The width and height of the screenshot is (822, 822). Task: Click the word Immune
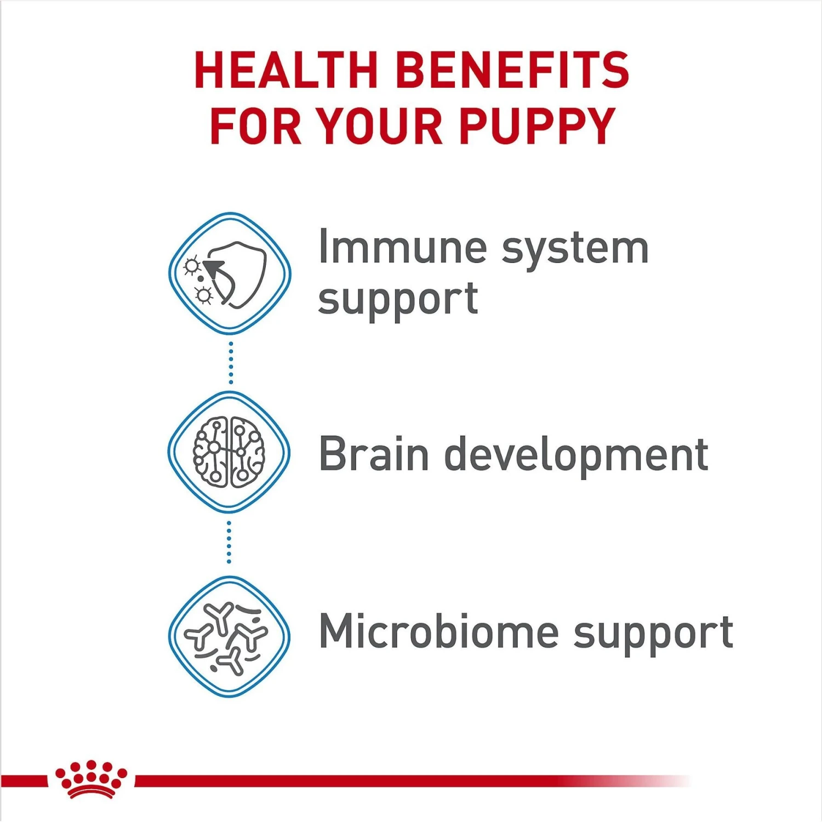[402, 248]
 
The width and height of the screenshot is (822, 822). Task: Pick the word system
[575, 250]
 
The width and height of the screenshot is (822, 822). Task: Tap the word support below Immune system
[398, 300]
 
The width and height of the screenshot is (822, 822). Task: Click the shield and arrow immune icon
[230, 273]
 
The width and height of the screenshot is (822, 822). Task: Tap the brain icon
[229, 452]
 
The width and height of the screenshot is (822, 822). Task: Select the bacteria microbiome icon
[229, 636]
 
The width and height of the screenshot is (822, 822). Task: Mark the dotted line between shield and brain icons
[231, 363]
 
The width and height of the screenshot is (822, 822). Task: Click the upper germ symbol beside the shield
[191, 266]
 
